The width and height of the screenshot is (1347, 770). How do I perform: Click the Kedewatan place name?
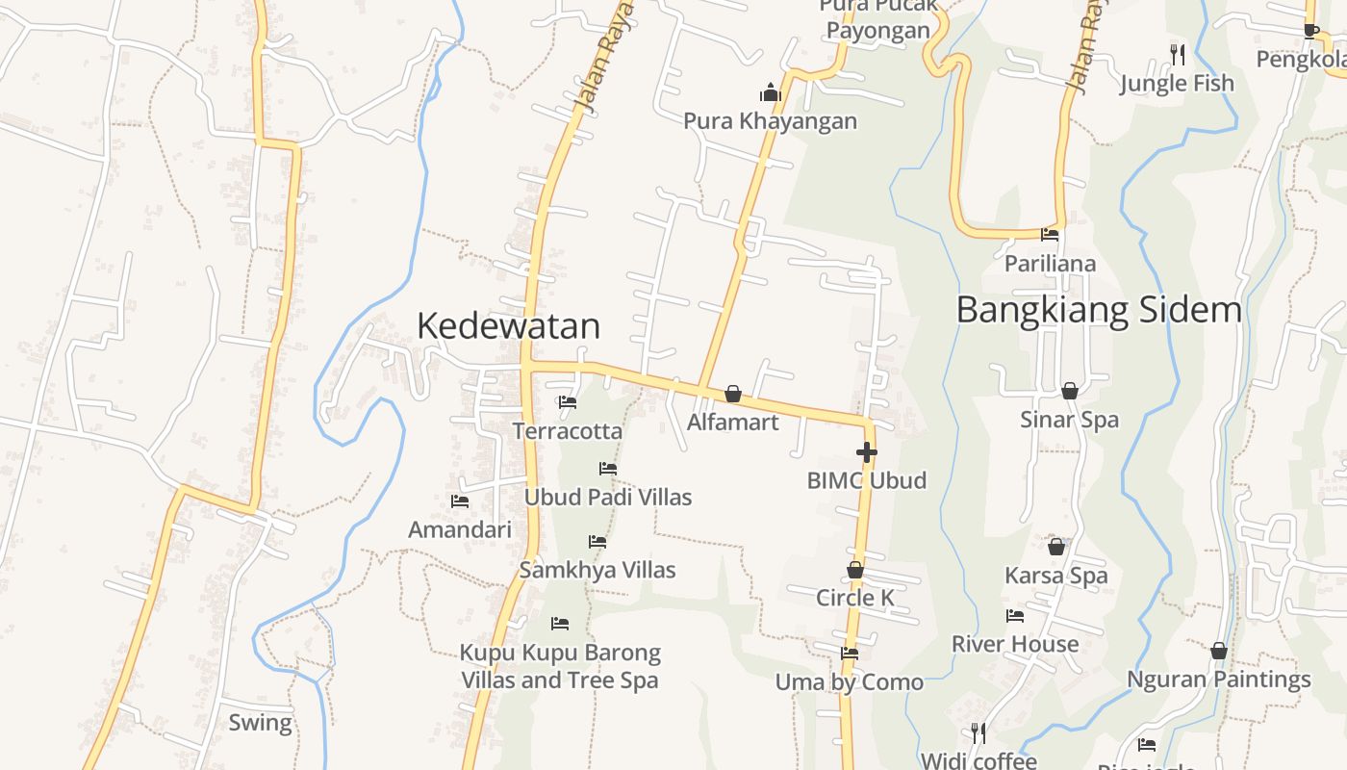point(508,326)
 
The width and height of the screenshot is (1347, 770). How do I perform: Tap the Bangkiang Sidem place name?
point(1099,310)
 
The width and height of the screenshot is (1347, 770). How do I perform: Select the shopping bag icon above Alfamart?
point(733,393)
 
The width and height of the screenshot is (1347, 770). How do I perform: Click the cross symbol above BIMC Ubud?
point(866,451)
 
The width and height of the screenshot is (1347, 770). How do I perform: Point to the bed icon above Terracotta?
point(568,401)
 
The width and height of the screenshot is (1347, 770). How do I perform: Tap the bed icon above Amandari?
point(460,500)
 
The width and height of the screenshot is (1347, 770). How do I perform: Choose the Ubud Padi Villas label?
point(608,497)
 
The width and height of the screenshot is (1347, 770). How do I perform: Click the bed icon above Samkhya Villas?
point(597,542)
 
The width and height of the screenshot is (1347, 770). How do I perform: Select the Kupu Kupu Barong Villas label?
point(560,666)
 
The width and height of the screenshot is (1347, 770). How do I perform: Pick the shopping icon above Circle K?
point(854,570)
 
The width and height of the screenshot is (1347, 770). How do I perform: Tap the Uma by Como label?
point(850,682)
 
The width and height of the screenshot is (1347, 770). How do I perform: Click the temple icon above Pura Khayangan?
point(770,92)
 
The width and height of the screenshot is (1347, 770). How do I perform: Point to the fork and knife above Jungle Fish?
point(1176,54)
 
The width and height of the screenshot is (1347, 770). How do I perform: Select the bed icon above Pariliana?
point(1050,234)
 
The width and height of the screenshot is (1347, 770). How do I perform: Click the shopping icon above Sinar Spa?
point(1069,390)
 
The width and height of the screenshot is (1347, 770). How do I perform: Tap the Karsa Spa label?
point(1056,576)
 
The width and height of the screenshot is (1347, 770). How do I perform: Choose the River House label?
point(1015,644)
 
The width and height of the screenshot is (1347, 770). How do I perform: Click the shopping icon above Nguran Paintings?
point(1219,651)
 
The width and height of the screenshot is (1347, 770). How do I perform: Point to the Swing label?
point(260,723)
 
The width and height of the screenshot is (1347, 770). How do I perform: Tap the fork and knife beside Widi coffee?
point(978,733)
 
